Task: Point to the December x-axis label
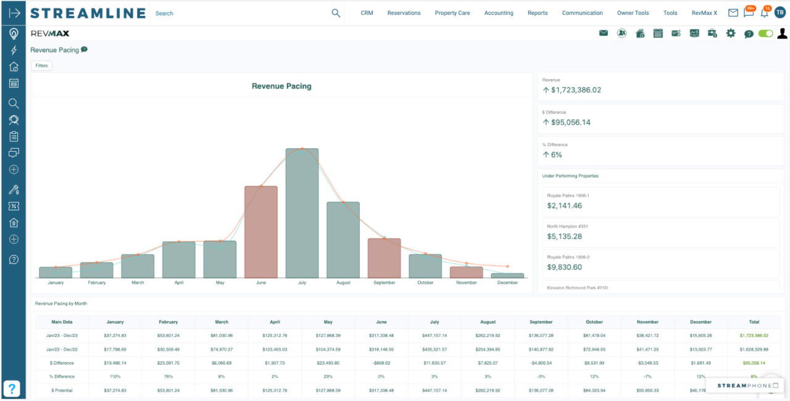click(x=507, y=283)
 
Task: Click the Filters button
click(x=41, y=65)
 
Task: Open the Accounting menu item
click(x=499, y=13)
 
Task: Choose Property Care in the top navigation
click(x=452, y=13)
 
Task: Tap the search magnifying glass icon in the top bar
click(x=336, y=13)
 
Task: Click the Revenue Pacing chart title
click(x=281, y=86)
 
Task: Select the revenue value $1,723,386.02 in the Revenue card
click(x=576, y=90)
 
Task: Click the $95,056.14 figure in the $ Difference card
click(x=571, y=122)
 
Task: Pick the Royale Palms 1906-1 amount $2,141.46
click(x=564, y=205)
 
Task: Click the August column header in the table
click(x=488, y=322)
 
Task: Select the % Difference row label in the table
click(x=62, y=376)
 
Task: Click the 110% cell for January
click(x=115, y=376)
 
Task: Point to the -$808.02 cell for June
click(x=381, y=363)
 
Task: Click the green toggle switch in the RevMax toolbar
click(x=765, y=33)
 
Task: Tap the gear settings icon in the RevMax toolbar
click(x=731, y=33)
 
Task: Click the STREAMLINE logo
click(x=88, y=13)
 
